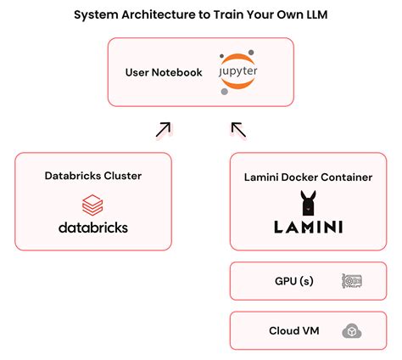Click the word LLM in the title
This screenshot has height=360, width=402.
tap(313, 14)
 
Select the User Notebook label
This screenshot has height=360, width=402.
tap(164, 73)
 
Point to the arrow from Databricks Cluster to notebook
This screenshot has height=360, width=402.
tap(163, 129)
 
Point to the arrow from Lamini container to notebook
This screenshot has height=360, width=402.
tap(238, 129)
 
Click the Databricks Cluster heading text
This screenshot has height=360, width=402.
tap(93, 176)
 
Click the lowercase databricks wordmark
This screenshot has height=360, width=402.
tap(93, 228)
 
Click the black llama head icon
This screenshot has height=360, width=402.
tap(308, 204)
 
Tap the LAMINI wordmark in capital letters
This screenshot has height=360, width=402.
tap(308, 228)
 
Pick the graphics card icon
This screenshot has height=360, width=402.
tap(352, 280)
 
